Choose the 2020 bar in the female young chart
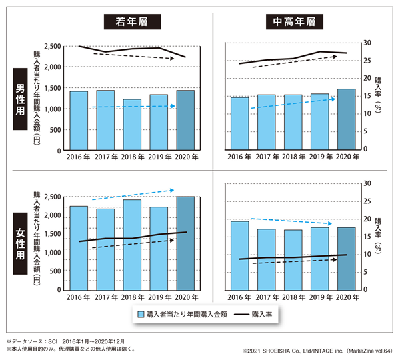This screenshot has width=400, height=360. pyautogui.click(x=185, y=243)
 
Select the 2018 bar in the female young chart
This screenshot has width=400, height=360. pyautogui.click(x=132, y=245)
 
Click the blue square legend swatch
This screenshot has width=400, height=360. pyautogui.click(x=141, y=313)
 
